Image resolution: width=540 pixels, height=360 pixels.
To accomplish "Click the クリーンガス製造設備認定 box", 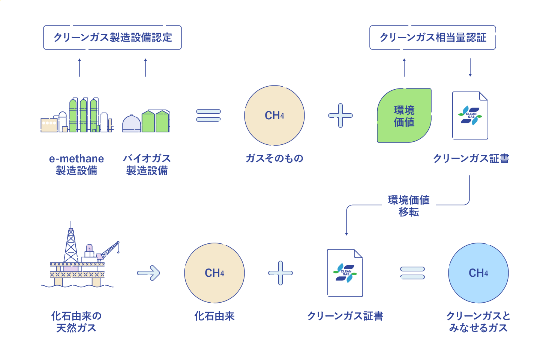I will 112,37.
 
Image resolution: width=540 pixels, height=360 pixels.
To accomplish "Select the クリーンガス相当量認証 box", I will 433,37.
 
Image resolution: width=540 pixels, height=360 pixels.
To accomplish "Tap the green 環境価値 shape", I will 404,116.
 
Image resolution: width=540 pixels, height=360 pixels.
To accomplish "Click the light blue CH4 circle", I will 478,273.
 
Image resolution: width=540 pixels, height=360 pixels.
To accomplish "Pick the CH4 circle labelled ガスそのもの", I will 274,115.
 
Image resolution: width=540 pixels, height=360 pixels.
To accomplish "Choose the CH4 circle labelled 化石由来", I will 214,273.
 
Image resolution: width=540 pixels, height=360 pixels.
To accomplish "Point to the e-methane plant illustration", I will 77,116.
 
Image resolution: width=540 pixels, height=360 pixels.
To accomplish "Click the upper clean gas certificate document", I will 470,115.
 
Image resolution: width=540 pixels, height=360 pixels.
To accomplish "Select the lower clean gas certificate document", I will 345,273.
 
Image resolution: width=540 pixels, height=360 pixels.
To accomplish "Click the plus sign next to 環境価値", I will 340,115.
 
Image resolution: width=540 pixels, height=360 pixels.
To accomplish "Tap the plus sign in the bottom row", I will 280,273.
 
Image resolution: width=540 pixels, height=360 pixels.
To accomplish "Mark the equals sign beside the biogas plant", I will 208,115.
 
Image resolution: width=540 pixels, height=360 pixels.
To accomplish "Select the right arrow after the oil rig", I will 149,273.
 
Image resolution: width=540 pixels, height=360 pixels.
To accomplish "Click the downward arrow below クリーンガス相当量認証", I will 470,67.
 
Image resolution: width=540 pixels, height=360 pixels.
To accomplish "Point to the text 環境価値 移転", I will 409,206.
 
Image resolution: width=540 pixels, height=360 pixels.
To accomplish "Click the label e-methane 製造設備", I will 76,165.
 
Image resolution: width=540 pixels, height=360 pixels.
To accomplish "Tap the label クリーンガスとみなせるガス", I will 478,322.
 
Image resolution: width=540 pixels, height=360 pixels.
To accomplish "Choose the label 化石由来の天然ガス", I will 76,322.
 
